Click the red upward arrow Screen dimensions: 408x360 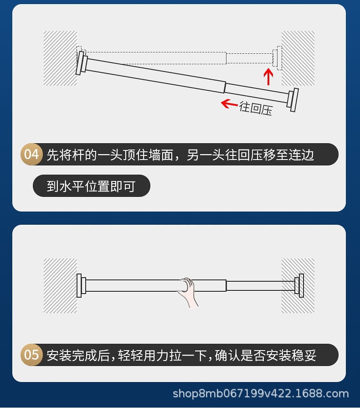(x=269, y=76)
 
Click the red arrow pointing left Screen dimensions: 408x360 (x=229, y=103)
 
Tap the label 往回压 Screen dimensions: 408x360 (x=256, y=108)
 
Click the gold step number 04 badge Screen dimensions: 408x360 (x=31, y=154)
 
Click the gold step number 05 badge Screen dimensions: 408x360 (x=31, y=355)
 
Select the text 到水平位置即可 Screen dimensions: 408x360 (x=91, y=186)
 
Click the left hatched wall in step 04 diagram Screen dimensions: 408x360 (x=59, y=58)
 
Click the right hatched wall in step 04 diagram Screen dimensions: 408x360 (x=298, y=58)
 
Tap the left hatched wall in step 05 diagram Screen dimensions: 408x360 (x=59, y=286)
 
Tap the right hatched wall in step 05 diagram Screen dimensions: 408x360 (x=298, y=286)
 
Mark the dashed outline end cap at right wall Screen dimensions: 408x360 (x=278, y=58)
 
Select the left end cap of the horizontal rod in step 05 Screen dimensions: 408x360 (x=81, y=285)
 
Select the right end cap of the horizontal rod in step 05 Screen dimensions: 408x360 (x=299, y=285)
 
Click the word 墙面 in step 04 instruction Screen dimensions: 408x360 (x=161, y=155)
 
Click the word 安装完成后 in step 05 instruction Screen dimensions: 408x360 (x=78, y=355)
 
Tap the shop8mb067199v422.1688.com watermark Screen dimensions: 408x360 (x=261, y=393)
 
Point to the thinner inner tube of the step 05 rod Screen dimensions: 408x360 (x=260, y=286)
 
